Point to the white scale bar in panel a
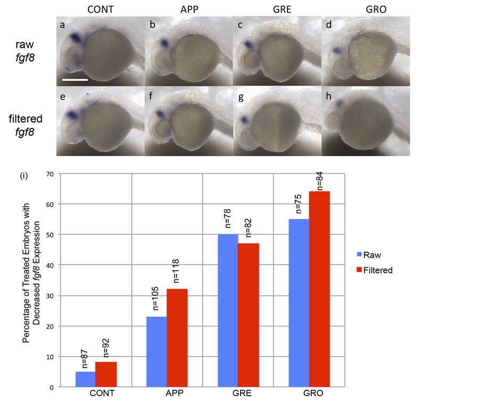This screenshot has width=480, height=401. click(x=75, y=79)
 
